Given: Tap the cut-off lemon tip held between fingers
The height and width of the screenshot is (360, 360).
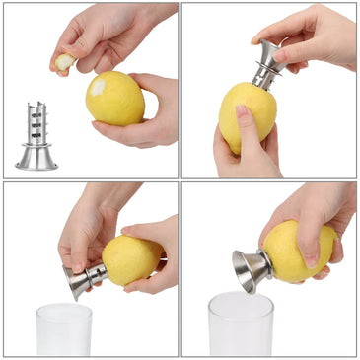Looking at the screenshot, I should click(x=64, y=63).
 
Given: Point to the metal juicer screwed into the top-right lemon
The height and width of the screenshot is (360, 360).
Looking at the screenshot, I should click(x=267, y=63).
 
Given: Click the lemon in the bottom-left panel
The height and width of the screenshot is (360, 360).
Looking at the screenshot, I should click(x=131, y=259).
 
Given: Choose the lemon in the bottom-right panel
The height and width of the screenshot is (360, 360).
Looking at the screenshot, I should click(x=298, y=251).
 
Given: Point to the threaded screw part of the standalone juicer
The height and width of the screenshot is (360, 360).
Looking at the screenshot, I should click(x=37, y=121).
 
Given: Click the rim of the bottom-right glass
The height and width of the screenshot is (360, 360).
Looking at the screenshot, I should click(x=241, y=299).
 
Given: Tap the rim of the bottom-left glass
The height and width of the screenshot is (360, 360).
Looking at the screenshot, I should click(x=63, y=308).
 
